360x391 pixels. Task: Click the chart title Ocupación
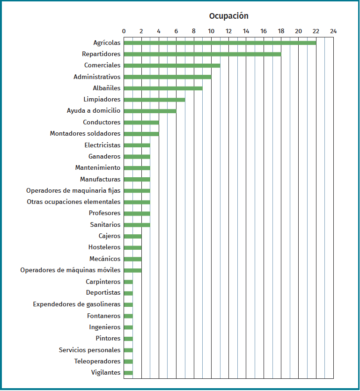point(228,16)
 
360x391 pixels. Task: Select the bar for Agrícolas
point(220,43)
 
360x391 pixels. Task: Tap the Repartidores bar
point(202,54)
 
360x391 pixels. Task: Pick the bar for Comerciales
point(172,65)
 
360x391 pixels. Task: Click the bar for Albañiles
point(163,88)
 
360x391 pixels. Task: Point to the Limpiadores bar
point(154,100)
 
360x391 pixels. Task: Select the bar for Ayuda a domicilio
point(150,111)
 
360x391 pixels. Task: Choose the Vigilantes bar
point(128,373)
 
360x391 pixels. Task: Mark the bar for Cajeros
point(132,236)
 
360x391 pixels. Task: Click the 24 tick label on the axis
point(333,31)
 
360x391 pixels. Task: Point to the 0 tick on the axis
point(124,31)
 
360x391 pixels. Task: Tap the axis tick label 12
point(228,31)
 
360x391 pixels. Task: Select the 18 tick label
point(281,31)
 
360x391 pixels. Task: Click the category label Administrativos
point(97,77)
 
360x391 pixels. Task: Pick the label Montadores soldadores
point(85,134)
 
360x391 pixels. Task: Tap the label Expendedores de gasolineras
point(77,304)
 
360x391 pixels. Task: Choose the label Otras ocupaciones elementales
point(73,202)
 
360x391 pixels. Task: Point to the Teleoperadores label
point(97,362)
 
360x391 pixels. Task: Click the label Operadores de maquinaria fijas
point(73,190)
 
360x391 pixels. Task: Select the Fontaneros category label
point(103,316)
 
